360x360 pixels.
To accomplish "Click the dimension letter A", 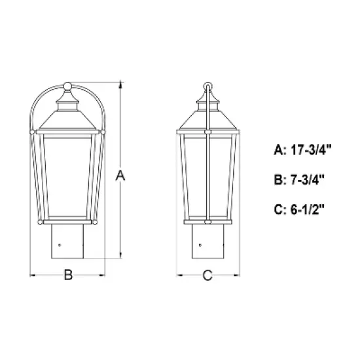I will [119, 175].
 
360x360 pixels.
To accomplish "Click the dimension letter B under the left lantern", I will [67, 276].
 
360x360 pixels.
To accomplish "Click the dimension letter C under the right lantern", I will [207, 276].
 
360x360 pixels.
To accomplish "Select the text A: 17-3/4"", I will [303, 149].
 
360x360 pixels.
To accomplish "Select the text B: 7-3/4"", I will [300, 179].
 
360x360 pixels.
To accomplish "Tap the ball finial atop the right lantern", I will [208, 86].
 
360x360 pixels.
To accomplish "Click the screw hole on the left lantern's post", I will [60, 245].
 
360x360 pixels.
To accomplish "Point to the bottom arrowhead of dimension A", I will [119, 256].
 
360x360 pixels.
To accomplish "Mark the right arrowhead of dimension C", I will [236, 276].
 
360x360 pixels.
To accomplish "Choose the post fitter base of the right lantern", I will [207, 241].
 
